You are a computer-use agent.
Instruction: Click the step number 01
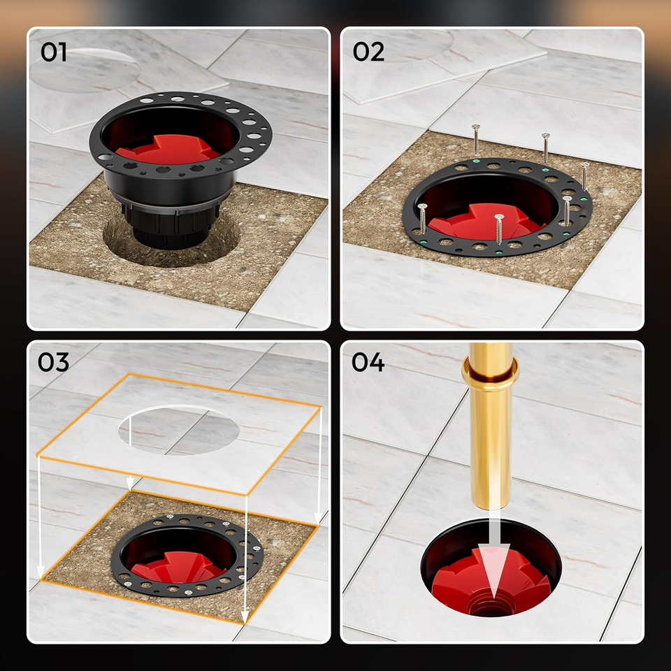click(54, 52)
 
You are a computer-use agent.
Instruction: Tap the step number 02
click(368, 52)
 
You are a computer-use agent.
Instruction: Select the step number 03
click(54, 362)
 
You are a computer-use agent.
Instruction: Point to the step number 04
click(368, 362)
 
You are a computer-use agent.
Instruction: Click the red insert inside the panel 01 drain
click(168, 150)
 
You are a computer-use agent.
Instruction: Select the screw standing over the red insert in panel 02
click(498, 229)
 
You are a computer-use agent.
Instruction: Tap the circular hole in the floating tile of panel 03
click(179, 430)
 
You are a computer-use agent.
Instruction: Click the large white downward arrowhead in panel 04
click(493, 569)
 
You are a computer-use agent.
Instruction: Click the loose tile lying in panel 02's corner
click(441, 64)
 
